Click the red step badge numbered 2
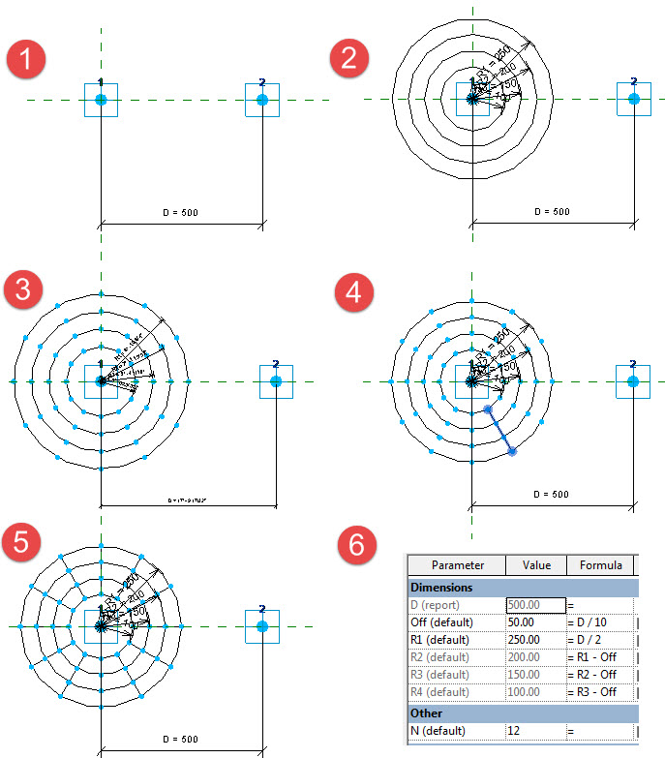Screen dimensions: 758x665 pos(349,59)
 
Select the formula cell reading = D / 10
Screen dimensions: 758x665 pos(600,622)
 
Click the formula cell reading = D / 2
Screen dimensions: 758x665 pos(600,640)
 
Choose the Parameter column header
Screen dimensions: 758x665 pos(457,565)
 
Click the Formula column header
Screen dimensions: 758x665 pos(601,565)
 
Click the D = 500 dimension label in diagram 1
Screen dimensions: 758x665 pos(181,212)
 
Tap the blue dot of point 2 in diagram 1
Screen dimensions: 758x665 pos(262,100)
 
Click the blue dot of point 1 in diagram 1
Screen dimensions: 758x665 pos(101,100)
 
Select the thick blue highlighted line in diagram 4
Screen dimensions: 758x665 pos(500,431)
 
